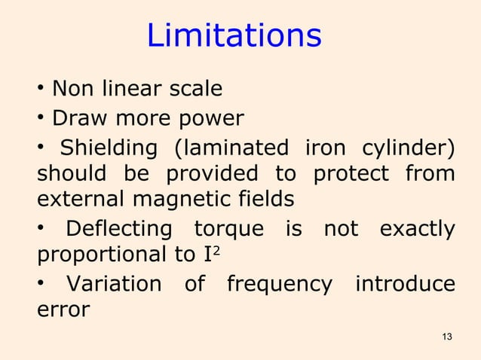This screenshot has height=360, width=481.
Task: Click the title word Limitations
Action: pos(234,36)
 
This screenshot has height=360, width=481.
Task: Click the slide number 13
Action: pos(448,336)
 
